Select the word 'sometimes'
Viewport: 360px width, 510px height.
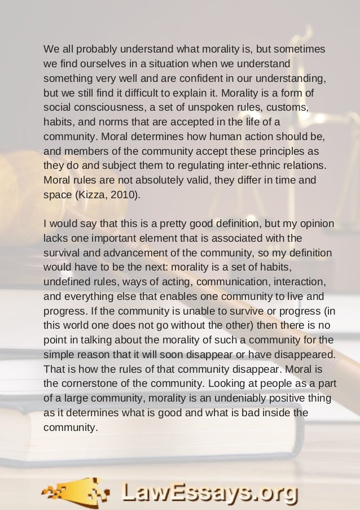click(x=301, y=49)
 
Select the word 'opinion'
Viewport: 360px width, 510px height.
click(x=316, y=223)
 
